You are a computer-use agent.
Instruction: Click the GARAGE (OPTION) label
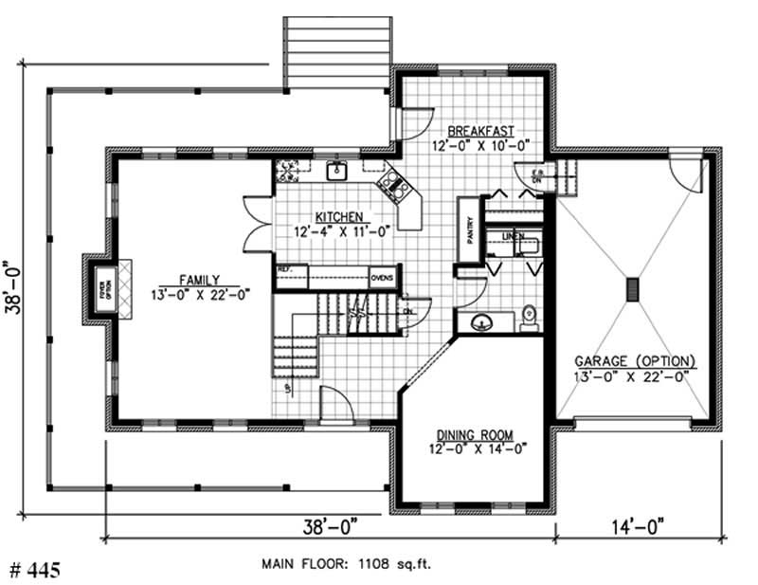point(635,361)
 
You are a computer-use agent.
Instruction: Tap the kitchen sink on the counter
point(335,171)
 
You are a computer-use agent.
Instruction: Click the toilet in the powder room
point(530,315)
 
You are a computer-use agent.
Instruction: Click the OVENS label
point(381,278)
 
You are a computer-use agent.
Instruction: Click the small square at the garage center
point(632,289)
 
